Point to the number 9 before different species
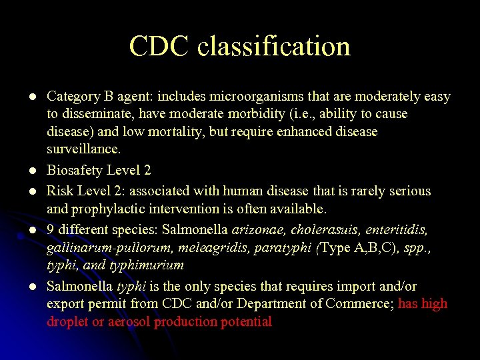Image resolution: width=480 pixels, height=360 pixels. point(51,230)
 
